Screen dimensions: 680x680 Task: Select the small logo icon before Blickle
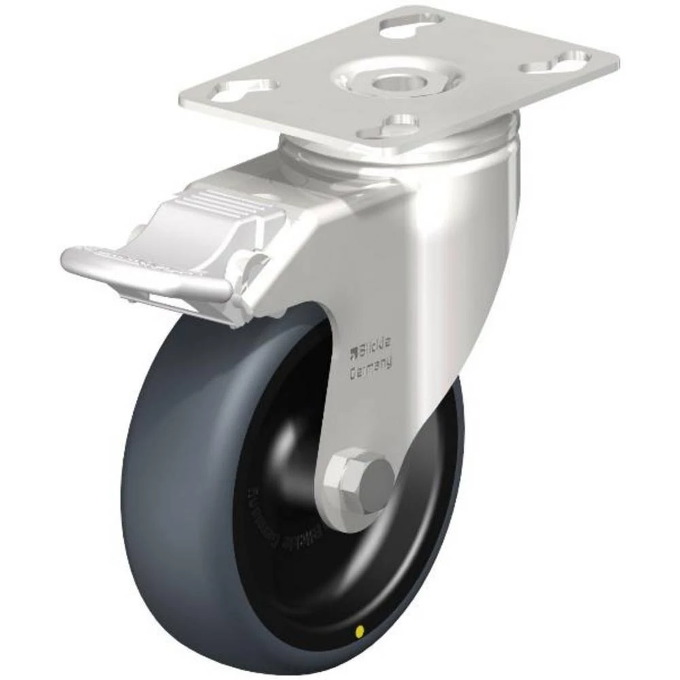tap(353, 352)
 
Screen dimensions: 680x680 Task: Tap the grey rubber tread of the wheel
tap(170, 476)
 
